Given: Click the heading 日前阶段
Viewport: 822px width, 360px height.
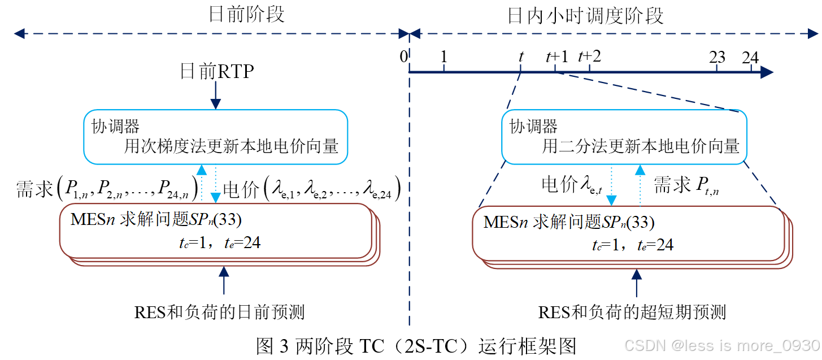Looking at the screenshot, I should click(x=246, y=15).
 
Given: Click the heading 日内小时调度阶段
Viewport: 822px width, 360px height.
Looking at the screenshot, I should click(x=585, y=16).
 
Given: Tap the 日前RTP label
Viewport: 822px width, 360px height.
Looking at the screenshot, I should click(x=216, y=72).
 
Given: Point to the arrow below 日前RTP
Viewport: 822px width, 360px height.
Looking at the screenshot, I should click(x=215, y=96).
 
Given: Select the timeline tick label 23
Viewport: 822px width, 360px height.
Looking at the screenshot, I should click(x=717, y=57).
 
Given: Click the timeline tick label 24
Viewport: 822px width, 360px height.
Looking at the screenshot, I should click(x=750, y=57).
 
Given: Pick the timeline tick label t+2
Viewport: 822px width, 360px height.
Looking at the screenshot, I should click(x=589, y=57).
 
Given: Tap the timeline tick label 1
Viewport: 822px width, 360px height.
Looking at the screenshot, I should click(x=444, y=57).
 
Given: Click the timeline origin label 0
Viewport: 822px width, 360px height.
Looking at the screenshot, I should click(x=403, y=57).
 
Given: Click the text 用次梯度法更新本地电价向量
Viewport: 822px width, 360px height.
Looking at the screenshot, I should click(x=231, y=147).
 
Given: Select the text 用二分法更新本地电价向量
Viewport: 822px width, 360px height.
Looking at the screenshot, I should click(x=641, y=147).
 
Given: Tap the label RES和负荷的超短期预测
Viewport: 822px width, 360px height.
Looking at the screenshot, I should click(x=632, y=312).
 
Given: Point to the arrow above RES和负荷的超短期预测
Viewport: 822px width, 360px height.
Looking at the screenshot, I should click(x=637, y=283).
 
